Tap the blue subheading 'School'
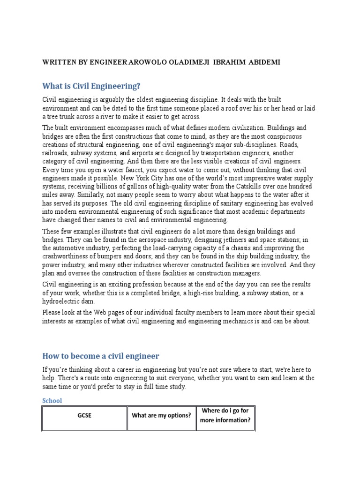click(x=52, y=400)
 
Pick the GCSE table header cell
click(x=85, y=415)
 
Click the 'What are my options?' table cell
click(x=161, y=415)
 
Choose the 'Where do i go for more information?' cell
click(x=225, y=415)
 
